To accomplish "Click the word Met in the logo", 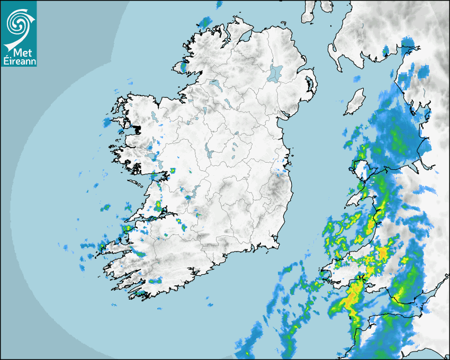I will coord(19,52).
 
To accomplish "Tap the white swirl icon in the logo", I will coord(18,23).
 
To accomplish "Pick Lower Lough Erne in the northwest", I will coord(214,83).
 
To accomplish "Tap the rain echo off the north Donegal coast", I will coord(204,23).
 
